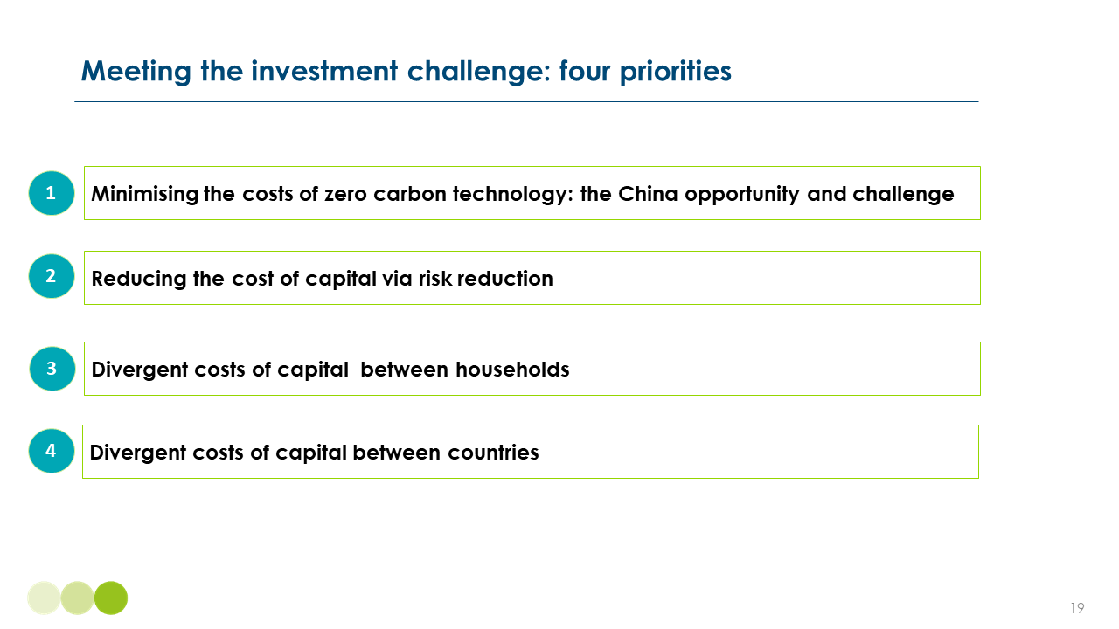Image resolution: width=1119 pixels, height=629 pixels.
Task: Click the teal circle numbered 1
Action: pos(52,193)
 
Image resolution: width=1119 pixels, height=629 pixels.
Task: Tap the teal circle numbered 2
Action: pos(52,276)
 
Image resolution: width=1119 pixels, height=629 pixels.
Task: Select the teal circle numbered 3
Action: pos(52,369)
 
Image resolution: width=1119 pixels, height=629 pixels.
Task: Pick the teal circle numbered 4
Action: pos(52,451)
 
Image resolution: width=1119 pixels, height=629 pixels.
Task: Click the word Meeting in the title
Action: pos(136,72)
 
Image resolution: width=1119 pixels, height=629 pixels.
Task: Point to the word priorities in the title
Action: pos(676,72)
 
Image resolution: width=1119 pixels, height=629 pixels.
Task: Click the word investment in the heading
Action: pos(324,71)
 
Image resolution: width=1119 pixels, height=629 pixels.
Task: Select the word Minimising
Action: pos(145,195)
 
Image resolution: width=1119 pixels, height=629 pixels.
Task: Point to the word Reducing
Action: pos(139,280)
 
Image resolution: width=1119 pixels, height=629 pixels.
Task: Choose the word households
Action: pos(512,370)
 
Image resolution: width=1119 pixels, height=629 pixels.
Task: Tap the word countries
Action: pos(493,453)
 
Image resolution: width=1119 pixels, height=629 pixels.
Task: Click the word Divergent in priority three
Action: pos(140,370)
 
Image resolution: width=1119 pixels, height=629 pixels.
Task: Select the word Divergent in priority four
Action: pos(138,453)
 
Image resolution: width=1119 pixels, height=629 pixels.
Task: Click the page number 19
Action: pos(1077,608)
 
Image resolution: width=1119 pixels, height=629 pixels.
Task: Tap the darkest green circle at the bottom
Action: pos(111,598)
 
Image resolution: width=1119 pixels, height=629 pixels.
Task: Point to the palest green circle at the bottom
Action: pos(44,598)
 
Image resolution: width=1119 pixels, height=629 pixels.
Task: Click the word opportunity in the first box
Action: pos(742,195)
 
